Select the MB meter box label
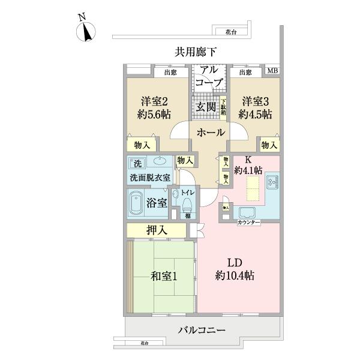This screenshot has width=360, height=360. [x=272, y=72]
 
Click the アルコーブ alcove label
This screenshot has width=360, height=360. [x=210, y=76]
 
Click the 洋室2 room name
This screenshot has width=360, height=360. [x=154, y=100]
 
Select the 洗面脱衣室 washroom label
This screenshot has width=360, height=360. [x=149, y=178]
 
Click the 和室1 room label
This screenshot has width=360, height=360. [x=163, y=277]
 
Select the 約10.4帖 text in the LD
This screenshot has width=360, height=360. [x=235, y=276]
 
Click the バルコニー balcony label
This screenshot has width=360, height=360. [x=201, y=330]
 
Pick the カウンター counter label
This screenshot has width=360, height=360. [x=248, y=223]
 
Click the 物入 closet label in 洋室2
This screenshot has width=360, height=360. [x=142, y=145]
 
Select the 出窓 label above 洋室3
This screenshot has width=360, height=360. [x=245, y=73]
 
